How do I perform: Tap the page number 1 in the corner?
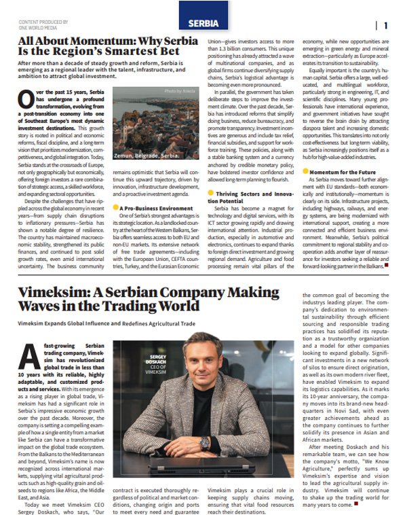pos(385,26)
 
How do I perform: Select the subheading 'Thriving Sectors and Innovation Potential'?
pos(248,179)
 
